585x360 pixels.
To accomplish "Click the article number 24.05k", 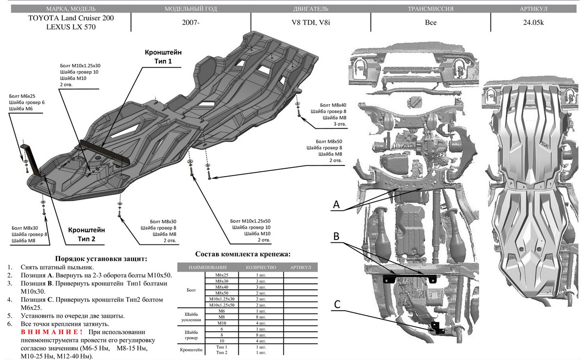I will point(536,22).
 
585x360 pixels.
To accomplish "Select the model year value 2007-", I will point(191,22).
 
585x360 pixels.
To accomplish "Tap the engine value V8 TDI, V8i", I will point(310,22).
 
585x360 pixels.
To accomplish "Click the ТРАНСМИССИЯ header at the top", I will point(430,9).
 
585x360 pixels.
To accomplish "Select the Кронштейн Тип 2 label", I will point(86,234).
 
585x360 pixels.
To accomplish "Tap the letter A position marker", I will point(336,206).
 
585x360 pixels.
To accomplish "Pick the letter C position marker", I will point(336,303).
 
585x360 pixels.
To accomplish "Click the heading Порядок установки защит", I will point(101,259).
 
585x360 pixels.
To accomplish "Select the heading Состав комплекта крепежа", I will point(242,255).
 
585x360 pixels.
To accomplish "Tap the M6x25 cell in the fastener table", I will point(222,275).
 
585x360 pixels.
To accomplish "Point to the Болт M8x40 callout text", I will point(333,105).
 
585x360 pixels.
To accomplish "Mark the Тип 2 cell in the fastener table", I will point(222,352).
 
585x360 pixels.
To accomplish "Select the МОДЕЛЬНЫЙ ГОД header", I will point(191,9).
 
